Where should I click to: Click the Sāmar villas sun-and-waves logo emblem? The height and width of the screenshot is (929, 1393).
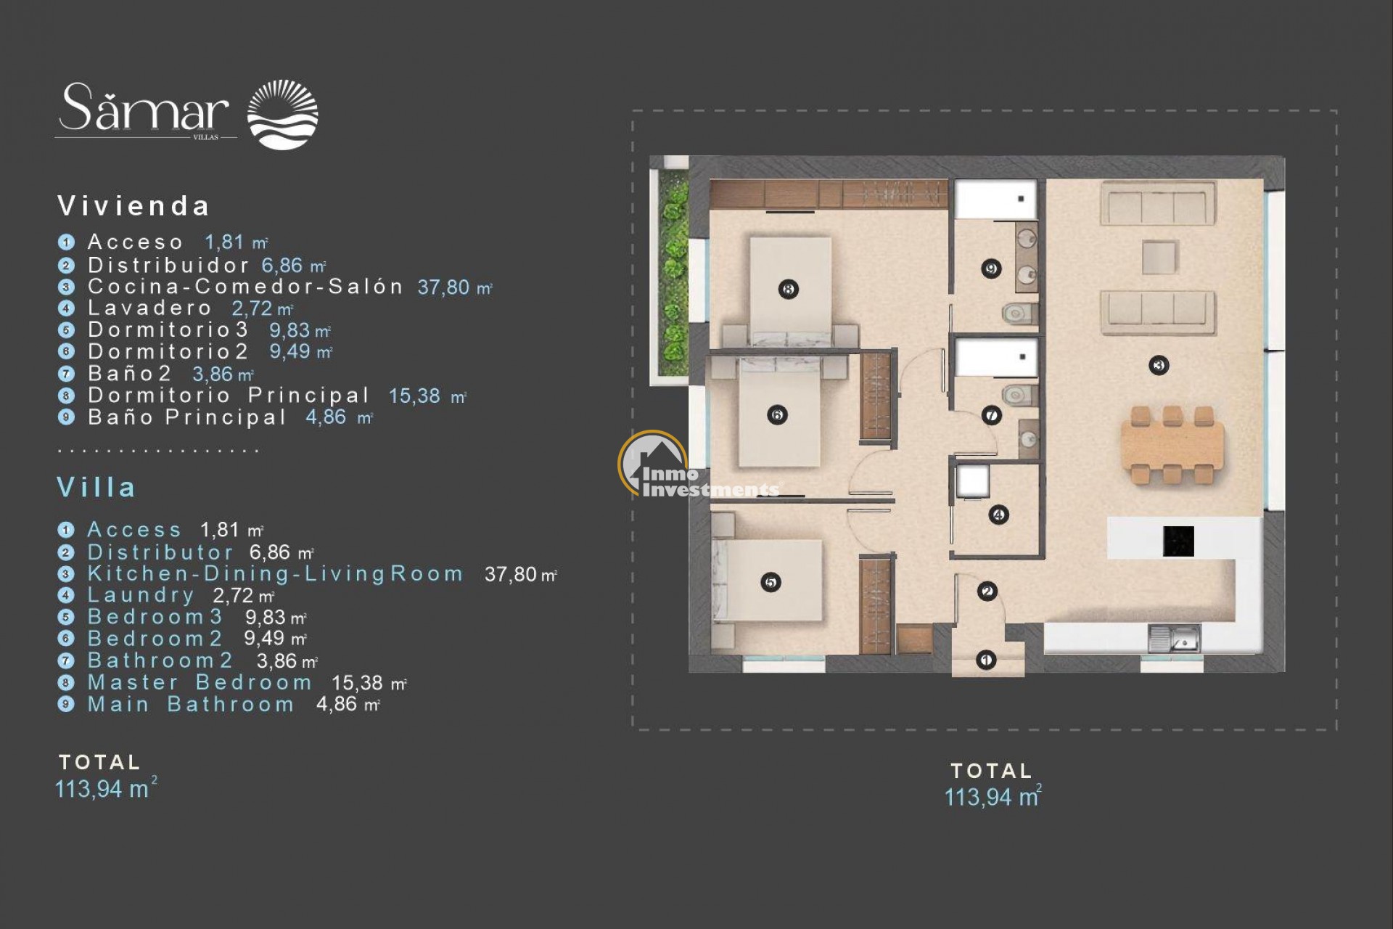[x=282, y=115]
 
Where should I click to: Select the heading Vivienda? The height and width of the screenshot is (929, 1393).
[x=134, y=206]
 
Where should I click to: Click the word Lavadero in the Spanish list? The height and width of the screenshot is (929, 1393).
[x=149, y=308]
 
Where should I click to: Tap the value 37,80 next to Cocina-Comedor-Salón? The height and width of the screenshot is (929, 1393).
[x=443, y=287]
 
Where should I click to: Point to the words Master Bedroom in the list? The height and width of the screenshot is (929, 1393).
[x=200, y=683]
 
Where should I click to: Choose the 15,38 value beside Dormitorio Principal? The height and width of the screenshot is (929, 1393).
[x=414, y=396]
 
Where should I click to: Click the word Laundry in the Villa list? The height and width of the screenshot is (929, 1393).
[x=141, y=596]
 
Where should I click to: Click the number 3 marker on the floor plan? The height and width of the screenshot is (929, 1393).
[x=1159, y=365]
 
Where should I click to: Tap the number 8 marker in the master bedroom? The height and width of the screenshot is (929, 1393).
[x=789, y=290]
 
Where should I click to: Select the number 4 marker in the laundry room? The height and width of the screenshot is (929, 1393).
[x=999, y=515]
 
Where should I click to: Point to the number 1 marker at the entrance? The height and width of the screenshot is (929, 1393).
[x=985, y=660]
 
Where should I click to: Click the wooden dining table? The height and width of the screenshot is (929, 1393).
[x=1172, y=446]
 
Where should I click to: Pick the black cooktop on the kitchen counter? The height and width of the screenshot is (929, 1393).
[x=1178, y=541]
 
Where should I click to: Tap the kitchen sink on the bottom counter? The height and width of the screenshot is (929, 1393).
[x=1174, y=639]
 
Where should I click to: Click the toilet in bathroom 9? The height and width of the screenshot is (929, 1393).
[x=1019, y=314]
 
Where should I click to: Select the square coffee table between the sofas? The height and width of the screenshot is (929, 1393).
[x=1159, y=257]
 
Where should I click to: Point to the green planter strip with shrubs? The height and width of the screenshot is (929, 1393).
[x=674, y=273]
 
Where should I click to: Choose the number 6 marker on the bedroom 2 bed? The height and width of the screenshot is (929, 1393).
[x=777, y=415]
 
